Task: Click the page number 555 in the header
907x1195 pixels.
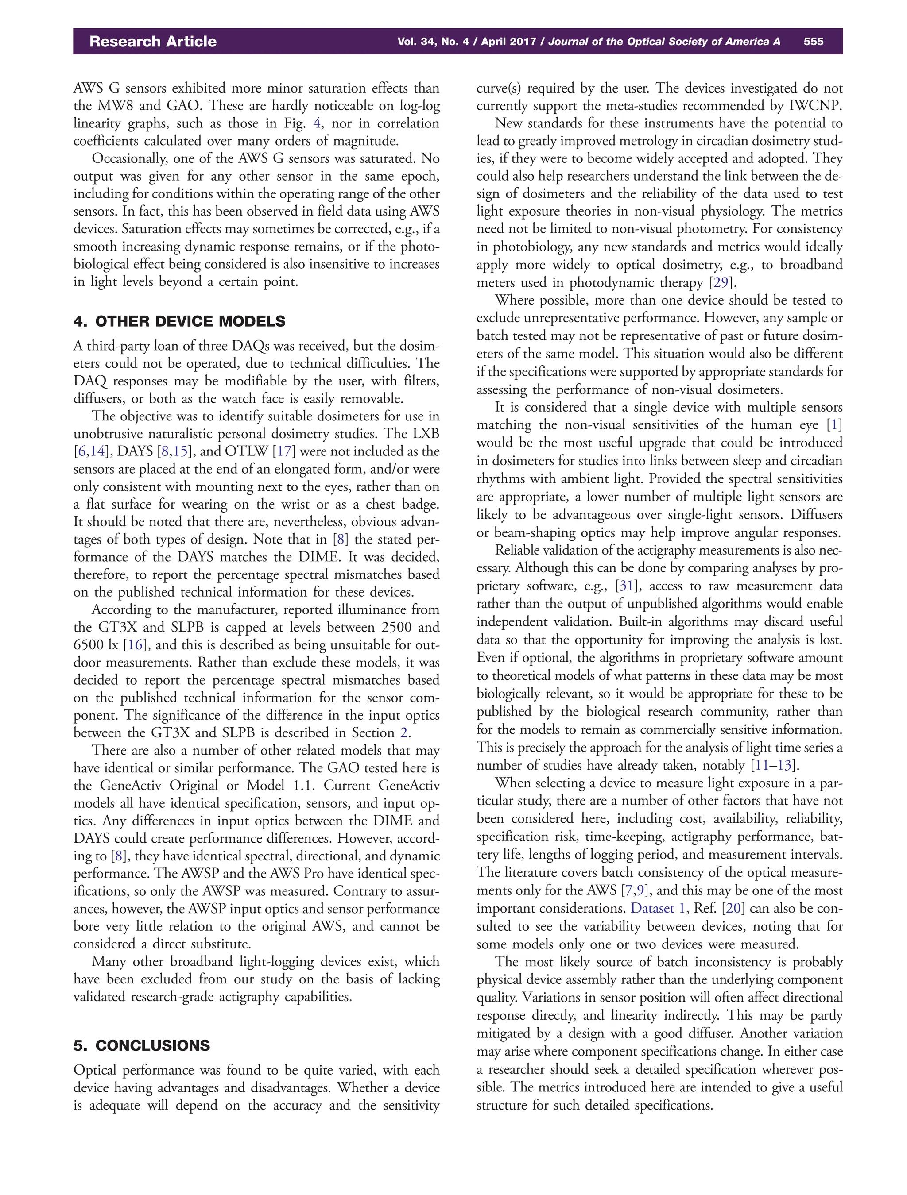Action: pyautogui.click(x=813, y=42)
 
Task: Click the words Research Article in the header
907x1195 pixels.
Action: pyautogui.click(x=153, y=42)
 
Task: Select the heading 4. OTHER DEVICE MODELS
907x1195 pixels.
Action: pyautogui.click(x=179, y=321)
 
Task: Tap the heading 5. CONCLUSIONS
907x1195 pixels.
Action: pyautogui.click(x=141, y=1045)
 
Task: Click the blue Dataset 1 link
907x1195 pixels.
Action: pyautogui.click(x=659, y=908)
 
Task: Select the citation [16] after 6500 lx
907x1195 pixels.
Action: pyautogui.click(x=133, y=644)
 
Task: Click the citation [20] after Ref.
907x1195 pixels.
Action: pyautogui.click(x=733, y=908)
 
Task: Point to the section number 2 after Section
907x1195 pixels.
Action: pyautogui.click(x=403, y=733)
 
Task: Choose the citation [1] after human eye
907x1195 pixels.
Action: pyautogui.click(x=834, y=425)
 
